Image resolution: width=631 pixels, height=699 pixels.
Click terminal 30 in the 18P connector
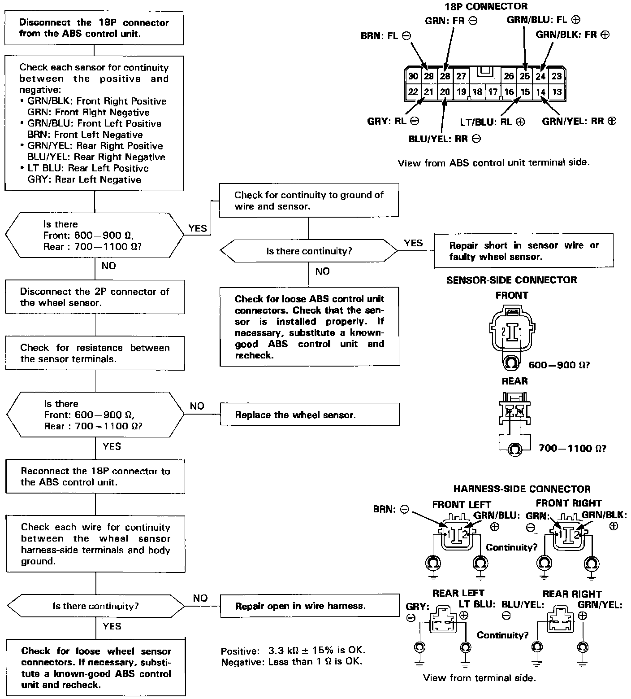tap(413, 76)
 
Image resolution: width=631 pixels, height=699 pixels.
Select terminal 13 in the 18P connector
tap(557, 92)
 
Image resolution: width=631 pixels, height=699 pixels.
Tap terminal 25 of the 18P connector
tap(525, 76)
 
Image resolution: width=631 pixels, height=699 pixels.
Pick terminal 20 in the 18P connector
tap(445, 92)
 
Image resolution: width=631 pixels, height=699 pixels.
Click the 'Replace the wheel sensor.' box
tap(309, 415)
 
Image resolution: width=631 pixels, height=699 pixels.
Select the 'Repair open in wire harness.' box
tap(309, 606)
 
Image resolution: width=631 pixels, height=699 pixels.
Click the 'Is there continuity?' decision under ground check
tap(309, 251)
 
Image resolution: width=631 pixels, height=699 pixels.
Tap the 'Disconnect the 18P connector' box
tap(94, 28)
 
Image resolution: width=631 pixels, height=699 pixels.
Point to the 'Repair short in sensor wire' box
tap(524, 251)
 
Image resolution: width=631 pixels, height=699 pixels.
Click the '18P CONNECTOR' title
tap(486, 6)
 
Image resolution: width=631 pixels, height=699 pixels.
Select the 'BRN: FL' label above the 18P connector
tap(386, 36)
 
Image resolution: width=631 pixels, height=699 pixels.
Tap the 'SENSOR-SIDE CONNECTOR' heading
tap(511, 280)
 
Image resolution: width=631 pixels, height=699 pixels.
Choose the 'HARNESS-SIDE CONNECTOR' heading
tap(522, 489)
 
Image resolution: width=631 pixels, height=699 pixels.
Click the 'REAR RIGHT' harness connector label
tap(572, 594)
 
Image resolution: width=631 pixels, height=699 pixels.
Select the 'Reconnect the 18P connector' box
tap(95, 476)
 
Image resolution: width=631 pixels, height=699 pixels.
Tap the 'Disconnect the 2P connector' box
tap(95, 297)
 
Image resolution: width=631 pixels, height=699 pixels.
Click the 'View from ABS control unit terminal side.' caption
tap(493, 162)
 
